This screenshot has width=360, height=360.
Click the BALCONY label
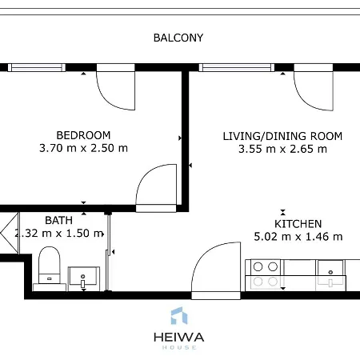pyautogui.click(x=178, y=38)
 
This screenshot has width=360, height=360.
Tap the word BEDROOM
pyautogui.click(x=83, y=135)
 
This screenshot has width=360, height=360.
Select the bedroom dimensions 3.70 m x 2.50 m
pyautogui.click(x=83, y=148)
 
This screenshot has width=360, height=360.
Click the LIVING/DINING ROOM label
pyautogui.click(x=282, y=136)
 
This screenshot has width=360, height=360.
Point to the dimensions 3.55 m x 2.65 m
pyautogui.click(x=282, y=149)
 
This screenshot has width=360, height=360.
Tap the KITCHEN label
pyautogui.click(x=298, y=224)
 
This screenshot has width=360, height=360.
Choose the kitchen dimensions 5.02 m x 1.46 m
pyautogui.click(x=298, y=237)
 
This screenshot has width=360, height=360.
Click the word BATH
pyautogui.click(x=58, y=220)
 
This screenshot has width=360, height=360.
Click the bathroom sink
pyautogui.click(x=84, y=278)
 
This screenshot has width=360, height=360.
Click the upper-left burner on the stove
pyautogui.click(x=258, y=266)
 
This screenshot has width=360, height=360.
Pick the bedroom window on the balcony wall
pyautogui.click(x=37, y=67)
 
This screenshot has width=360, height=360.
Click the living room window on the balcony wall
pyautogui.click(x=237, y=67)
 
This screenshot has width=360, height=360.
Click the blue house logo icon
pyautogui.click(x=179, y=316)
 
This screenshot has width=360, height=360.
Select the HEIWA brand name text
pyautogui.click(x=179, y=338)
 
